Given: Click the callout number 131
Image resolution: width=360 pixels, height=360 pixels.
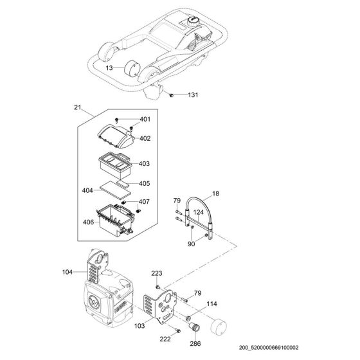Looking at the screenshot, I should point(193,95).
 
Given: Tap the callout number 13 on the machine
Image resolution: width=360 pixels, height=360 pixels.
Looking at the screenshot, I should point(110,67).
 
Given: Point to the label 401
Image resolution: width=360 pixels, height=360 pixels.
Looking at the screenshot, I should point(145,120).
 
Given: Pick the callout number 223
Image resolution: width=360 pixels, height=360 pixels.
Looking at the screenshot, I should point(157,273).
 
